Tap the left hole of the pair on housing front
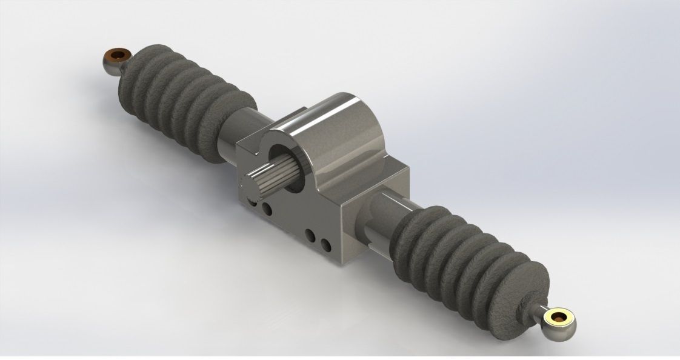tap(311, 235)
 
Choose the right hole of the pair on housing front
tap(325, 244)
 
